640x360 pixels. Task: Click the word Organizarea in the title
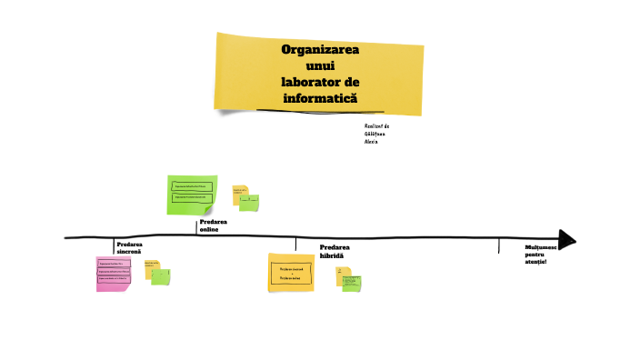(320, 50)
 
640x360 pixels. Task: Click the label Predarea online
(214, 225)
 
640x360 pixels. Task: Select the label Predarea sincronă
(129, 247)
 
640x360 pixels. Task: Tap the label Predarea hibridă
(334, 251)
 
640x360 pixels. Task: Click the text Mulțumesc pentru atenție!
(541, 255)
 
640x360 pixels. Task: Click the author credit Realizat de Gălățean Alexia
(376, 134)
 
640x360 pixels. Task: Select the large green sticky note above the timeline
(192, 195)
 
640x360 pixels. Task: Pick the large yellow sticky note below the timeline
(291, 273)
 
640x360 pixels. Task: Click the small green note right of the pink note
(161, 275)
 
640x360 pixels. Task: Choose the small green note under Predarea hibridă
(351, 283)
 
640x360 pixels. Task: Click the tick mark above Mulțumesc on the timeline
(499, 245)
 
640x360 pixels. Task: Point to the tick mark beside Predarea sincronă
(114, 245)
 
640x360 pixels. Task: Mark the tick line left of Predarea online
(197, 228)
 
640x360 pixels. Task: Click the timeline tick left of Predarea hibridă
(295, 244)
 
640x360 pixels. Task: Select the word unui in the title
(320, 65)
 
